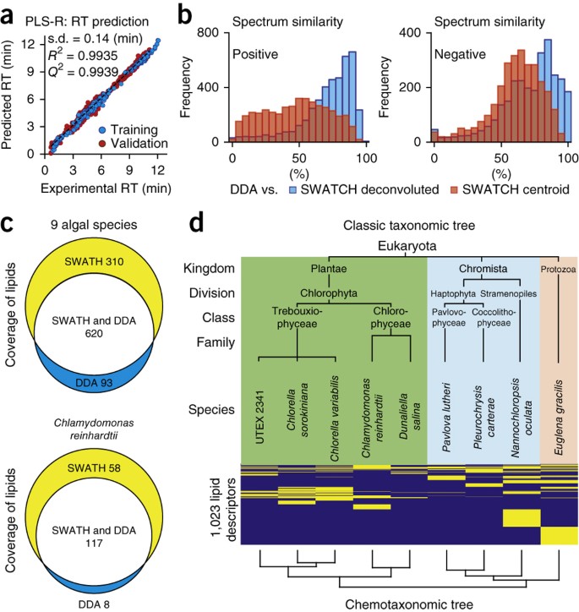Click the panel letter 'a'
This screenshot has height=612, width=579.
coord(8,11)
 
